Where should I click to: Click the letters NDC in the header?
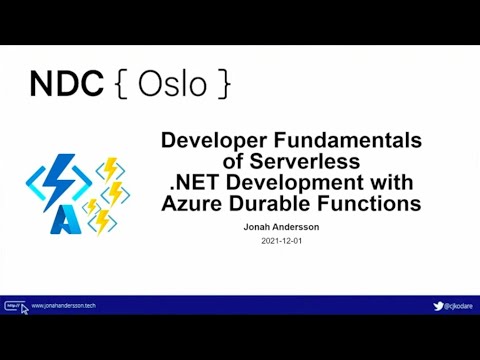[x=66, y=84]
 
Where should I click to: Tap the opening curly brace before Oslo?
[x=122, y=85]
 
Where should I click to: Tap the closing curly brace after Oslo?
[x=224, y=85]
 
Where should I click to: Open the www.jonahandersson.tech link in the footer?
[x=63, y=306]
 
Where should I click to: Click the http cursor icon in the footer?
[x=15, y=306]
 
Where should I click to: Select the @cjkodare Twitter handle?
[x=460, y=306]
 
